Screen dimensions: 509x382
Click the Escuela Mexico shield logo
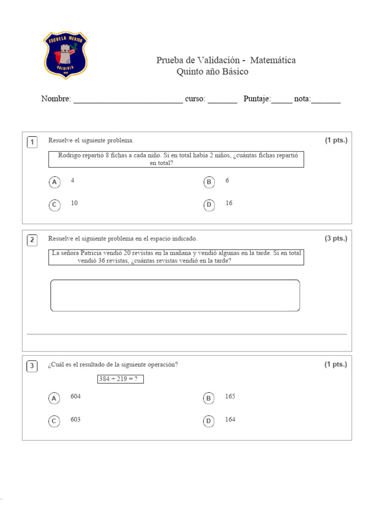[65, 56]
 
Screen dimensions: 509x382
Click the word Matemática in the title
[273, 60]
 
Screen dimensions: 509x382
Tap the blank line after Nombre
[128, 100]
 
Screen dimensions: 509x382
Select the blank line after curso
[222, 100]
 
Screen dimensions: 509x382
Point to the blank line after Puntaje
[282, 100]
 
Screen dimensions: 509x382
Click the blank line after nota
[326, 100]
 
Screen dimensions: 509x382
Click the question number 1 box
[32, 143]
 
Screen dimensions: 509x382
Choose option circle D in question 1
[209, 205]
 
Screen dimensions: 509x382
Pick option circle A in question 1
[54, 182]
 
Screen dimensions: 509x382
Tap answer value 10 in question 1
[74, 203]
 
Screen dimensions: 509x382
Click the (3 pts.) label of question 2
[336, 238]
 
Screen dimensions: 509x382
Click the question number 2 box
[32, 241]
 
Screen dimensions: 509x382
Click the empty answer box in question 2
[175, 295]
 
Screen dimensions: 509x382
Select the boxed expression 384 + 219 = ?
[120, 379]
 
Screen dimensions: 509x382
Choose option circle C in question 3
[54, 422]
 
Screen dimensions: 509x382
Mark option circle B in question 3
[209, 398]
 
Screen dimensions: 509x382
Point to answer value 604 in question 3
[76, 396]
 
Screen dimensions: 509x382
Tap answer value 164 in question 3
[230, 419]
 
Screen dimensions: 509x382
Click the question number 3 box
[32, 366]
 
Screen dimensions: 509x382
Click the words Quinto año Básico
[212, 72]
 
